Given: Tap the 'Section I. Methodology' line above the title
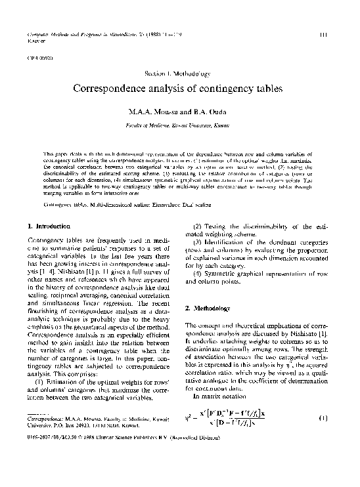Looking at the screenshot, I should [x=179, y=72].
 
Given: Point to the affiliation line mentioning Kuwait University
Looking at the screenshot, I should [x=179, y=123].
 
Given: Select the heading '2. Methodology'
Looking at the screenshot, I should [x=210, y=308].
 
